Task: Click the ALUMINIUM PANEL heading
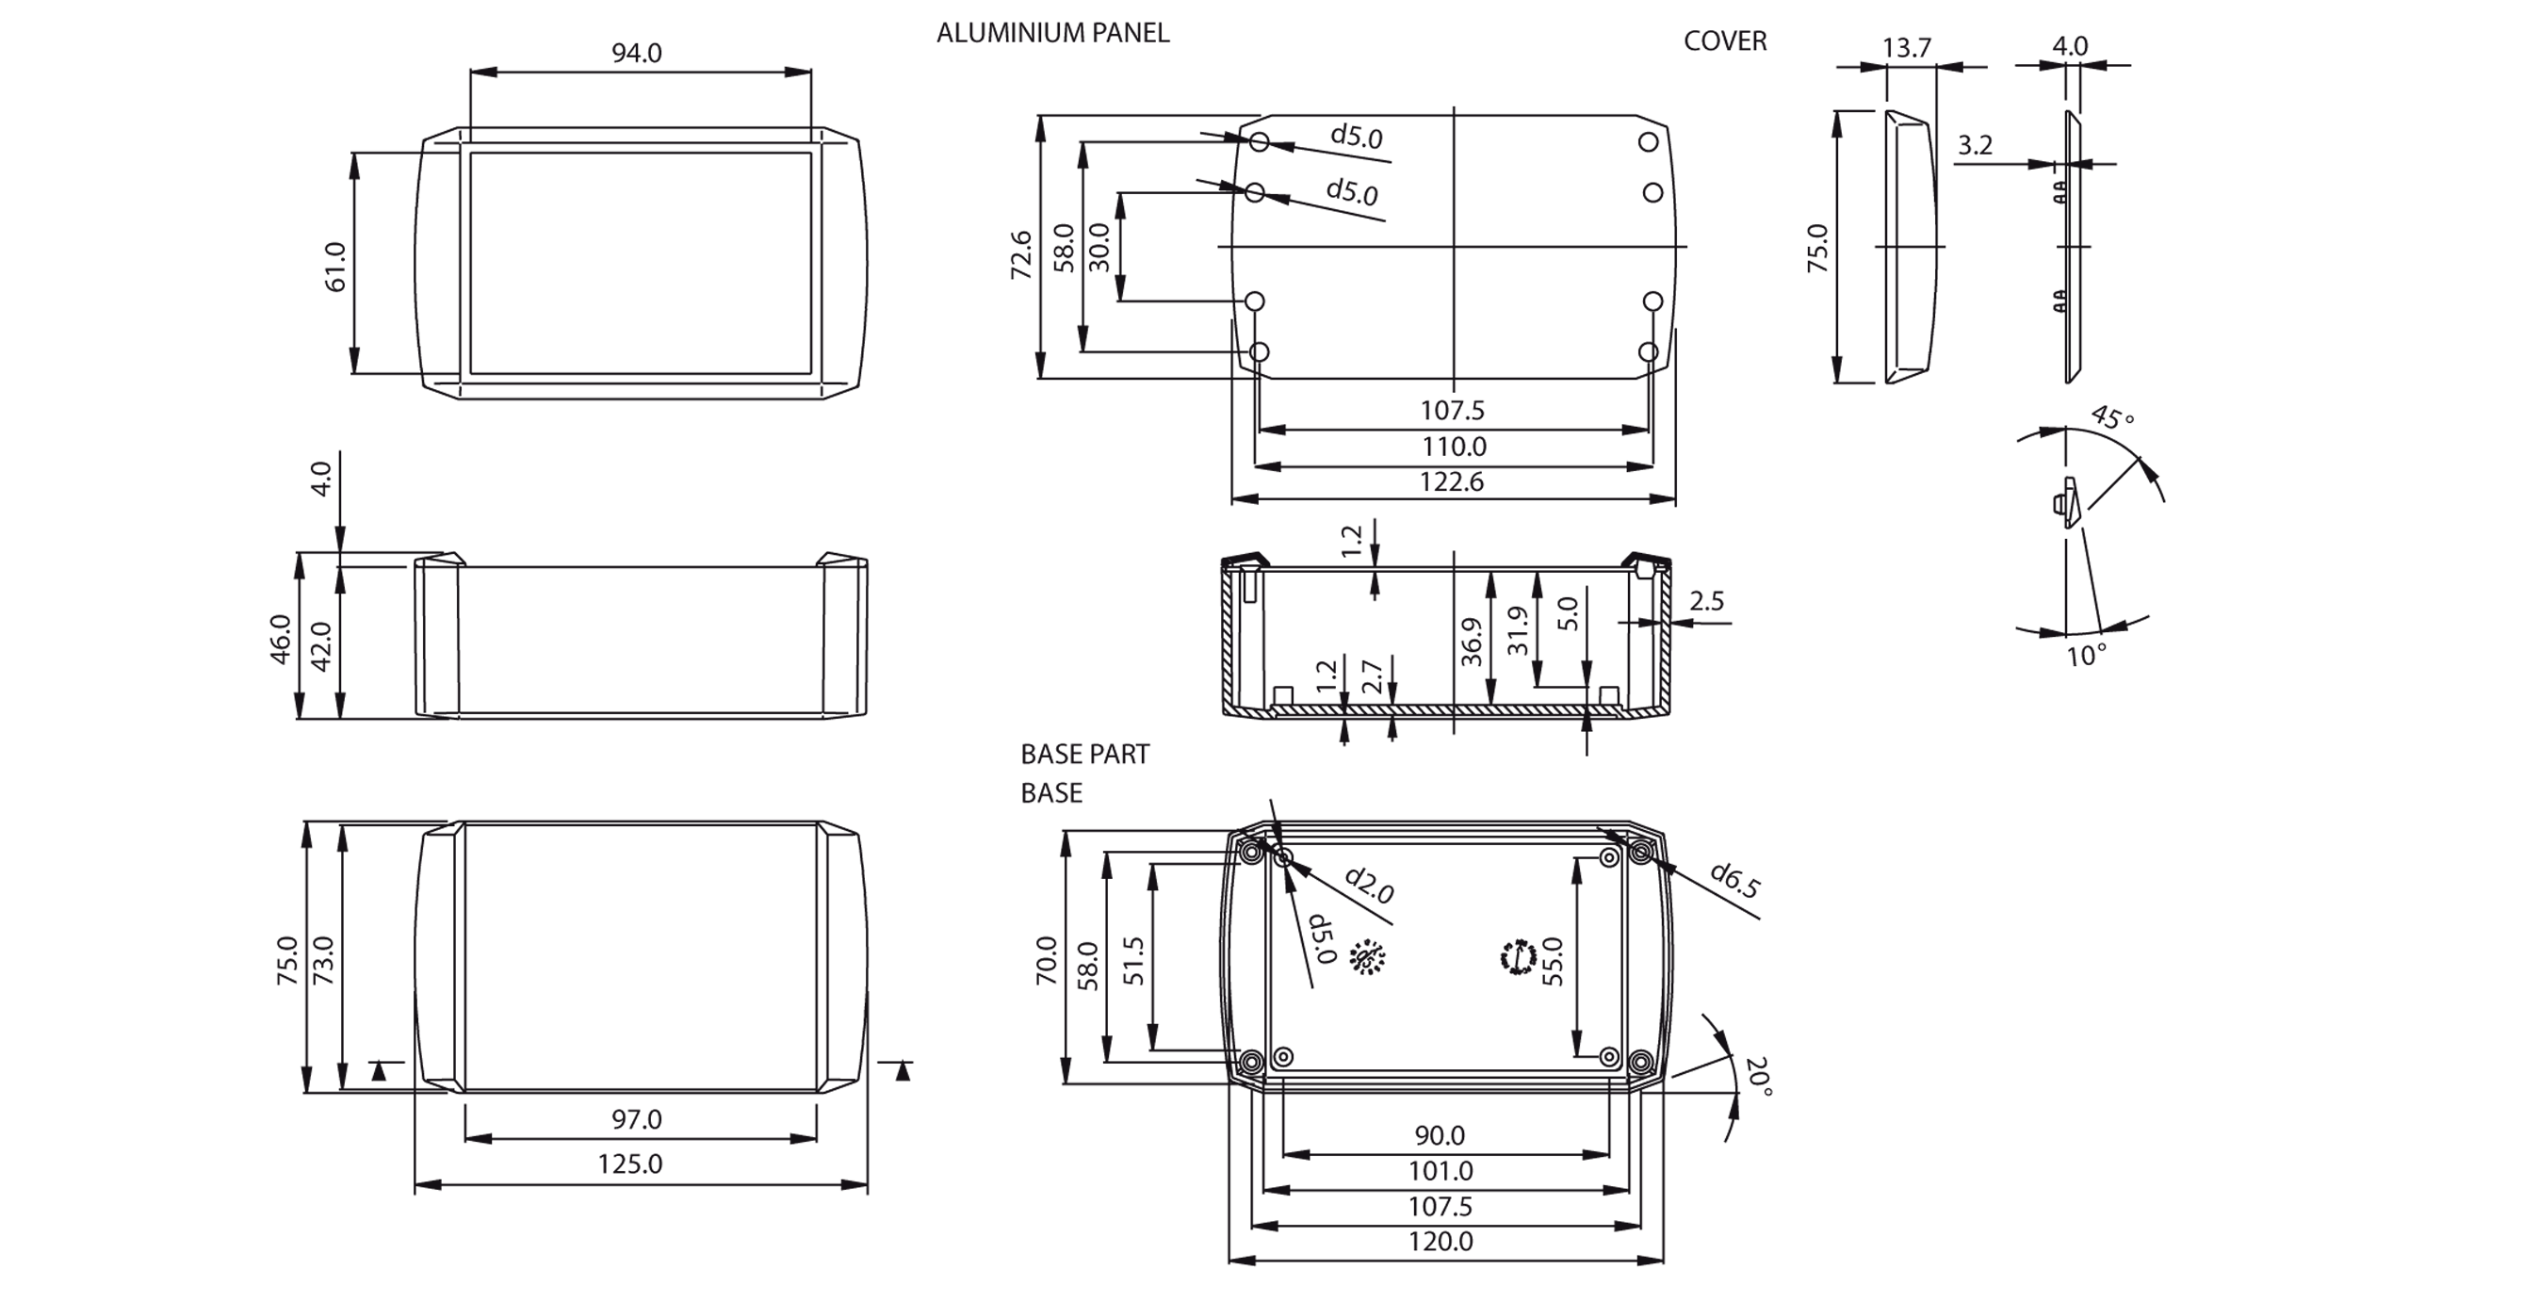pyautogui.click(x=1052, y=33)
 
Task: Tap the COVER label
pyautogui.click(x=1725, y=41)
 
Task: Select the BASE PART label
pyautogui.click(x=1084, y=754)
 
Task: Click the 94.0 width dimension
pyautogui.click(x=637, y=53)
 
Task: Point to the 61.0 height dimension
pyautogui.click(x=335, y=267)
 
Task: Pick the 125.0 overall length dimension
pyautogui.click(x=629, y=1164)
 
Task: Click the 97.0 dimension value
pyautogui.click(x=637, y=1119)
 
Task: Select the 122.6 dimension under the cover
pyautogui.click(x=1452, y=482)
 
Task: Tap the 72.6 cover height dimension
pyautogui.click(x=1021, y=254)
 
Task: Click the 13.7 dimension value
pyautogui.click(x=1906, y=48)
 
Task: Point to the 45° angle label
pyautogui.click(x=2111, y=418)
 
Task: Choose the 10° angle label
pyautogui.click(x=2086, y=656)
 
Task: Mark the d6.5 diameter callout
pyautogui.click(x=1734, y=880)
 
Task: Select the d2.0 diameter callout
pyautogui.click(x=1369, y=885)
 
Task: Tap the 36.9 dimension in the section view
pyautogui.click(x=1471, y=642)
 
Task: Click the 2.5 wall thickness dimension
pyautogui.click(x=1706, y=600)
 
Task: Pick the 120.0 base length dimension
pyautogui.click(x=1440, y=1243)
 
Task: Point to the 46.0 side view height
pyautogui.click(x=281, y=639)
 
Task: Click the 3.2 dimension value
pyautogui.click(x=1975, y=146)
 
